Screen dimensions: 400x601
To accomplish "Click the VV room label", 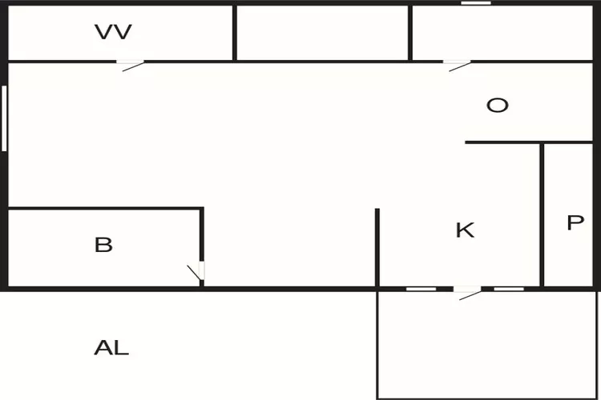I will point(113,32).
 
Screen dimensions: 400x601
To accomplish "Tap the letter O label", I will point(498,106).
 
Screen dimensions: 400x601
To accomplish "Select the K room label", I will point(465,230).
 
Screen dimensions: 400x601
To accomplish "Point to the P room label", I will point(575,223).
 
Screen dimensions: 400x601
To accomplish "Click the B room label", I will point(103,245).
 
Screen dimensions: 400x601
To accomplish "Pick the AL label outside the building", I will point(111,348).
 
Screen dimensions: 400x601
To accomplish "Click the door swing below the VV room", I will point(132,64).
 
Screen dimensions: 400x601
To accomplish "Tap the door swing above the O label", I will point(458,65).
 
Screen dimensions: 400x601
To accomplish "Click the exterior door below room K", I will point(467,293).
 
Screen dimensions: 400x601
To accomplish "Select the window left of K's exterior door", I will point(421,288).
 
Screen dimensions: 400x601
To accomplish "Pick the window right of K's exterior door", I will point(508,288).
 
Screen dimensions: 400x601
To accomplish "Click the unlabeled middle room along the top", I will point(322,33).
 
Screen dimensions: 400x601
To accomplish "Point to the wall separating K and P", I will point(543,216).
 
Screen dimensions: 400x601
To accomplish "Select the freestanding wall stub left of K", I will point(377,248).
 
